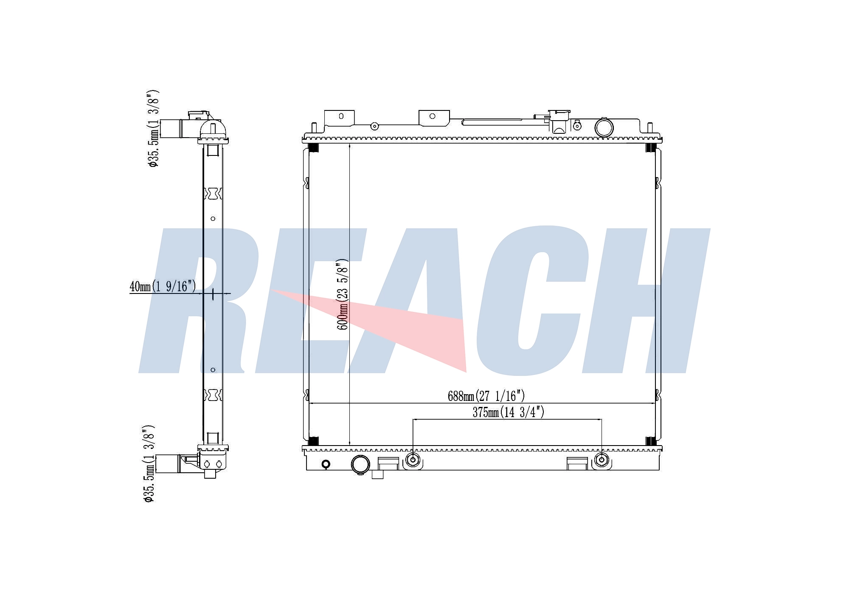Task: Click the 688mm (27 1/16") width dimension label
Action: (x=486, y=396)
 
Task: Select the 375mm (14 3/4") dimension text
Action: (x=508, y=412)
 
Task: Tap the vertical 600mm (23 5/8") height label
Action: (x=343, y=294)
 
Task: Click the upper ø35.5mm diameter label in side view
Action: (x=154, y=128)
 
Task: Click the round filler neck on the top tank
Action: (x=604, y=127)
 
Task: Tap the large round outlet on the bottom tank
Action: (x=360, y=464)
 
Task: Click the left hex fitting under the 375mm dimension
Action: (x=413, y=460)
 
